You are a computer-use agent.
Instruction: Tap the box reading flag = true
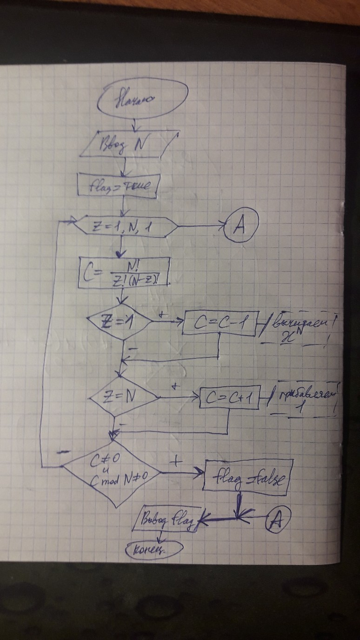pyautogui.click(x=119, y=186)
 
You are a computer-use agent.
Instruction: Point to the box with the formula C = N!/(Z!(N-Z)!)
pyautogui.click(x=124, y=271)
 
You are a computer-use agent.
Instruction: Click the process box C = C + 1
pyautogui.click(x=228, y=399)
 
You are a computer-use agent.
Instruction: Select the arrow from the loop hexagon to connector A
pyautogui.click(x=200, y=227)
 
